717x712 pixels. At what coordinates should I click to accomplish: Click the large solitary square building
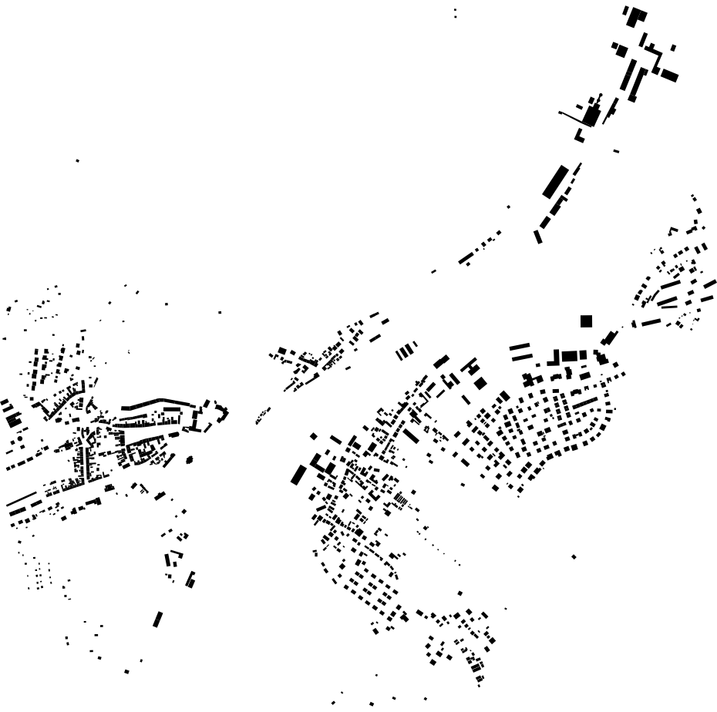click(586, 321)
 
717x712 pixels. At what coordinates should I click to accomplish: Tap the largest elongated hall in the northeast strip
click(555, 181)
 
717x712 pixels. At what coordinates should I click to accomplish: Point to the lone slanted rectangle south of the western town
click(158, 620)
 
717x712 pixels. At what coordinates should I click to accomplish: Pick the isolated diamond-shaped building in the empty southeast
click(573, 556)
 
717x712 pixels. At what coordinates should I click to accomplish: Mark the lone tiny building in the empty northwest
click(77, 160)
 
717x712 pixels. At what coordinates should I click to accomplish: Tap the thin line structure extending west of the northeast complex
click(571, 117)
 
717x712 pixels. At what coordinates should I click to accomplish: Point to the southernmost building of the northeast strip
click(538, 237)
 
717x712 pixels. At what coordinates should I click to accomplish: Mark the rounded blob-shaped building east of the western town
click(190, 460)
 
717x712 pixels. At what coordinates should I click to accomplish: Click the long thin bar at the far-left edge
click(22, 499)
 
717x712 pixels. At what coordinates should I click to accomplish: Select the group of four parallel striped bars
click(406, 351)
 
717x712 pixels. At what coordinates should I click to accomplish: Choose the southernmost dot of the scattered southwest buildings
click(126, 672)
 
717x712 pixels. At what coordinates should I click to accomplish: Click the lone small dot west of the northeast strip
click(509, 207)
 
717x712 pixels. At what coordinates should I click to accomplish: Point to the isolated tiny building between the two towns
click(220, 312)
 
